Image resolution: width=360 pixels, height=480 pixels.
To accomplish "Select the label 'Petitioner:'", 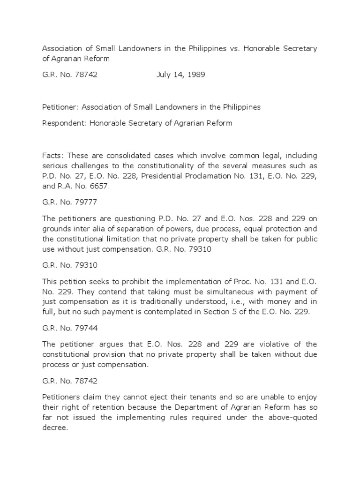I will pos(61,107).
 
